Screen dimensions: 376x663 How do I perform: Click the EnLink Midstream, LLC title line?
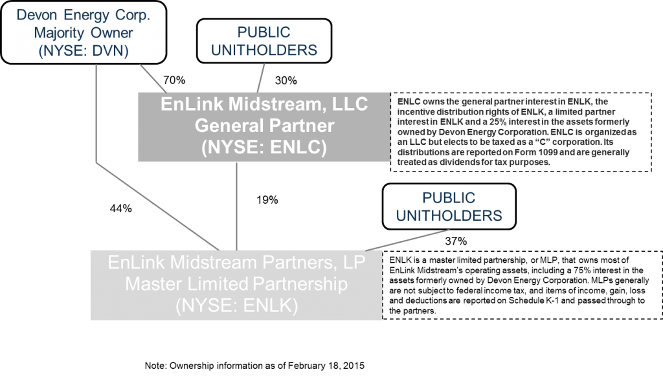(264, 104)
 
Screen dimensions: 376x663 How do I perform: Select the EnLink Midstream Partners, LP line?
(236, 263)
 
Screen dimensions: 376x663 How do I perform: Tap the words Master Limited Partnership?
(236, 284)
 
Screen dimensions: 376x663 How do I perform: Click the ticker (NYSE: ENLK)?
(236, 305)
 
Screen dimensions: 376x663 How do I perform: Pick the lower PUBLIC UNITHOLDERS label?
(448, 206)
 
